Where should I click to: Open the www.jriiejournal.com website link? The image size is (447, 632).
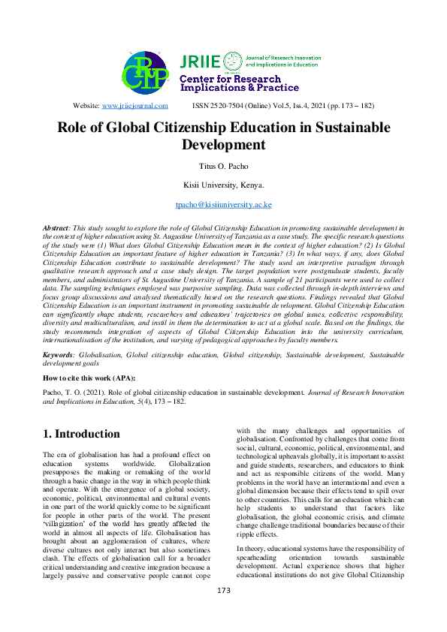(134, 107)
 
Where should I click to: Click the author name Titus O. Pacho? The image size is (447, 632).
(223, 165)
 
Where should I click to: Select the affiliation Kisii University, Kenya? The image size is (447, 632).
(223, 185)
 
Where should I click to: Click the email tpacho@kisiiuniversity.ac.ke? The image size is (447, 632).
(223, 204)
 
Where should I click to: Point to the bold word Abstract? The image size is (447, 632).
(56, 226)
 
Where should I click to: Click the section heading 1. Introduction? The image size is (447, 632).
(81, 434)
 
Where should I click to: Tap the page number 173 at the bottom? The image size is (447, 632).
(223, 612)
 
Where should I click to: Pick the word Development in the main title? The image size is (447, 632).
(224, 144)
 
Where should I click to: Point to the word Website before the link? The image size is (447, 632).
(86, 107)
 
